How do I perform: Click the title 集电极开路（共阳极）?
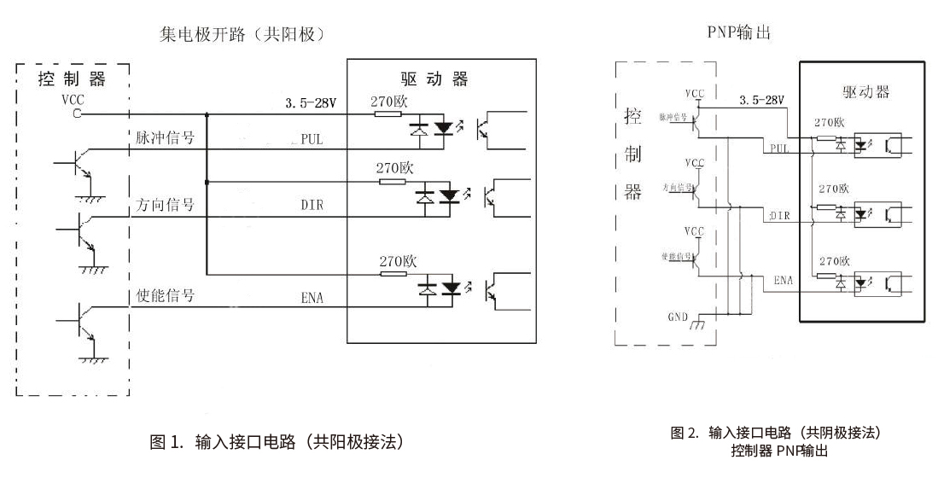pyautogui.click(x=244, y=34)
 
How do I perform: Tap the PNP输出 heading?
pyautogui.click(x=739, y=32)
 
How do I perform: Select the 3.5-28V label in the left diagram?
pyautogui.click(x=311, y=103)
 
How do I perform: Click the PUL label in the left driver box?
pyautogui.click(x=311, y=140)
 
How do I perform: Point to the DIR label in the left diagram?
pyautogui.click(x=312, y=206)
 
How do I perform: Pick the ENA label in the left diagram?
pyautogui.click(x=312, y=298)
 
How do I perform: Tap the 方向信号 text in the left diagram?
pyautogui.click(x=166, y=205)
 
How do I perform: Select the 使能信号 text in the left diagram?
pyautogui.click(x=166, y=295)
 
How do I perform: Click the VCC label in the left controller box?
pyautogui.click(x=73, y=99)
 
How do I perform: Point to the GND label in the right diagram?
pyautogui.click(x=678, y=317)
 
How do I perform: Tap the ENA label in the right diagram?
pyautogui.click(x=783, y=280)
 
